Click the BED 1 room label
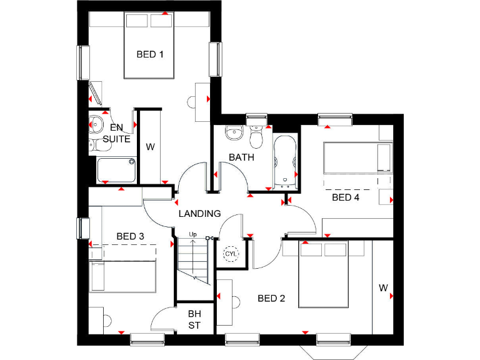pos(150,54)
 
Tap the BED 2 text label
pos(271,299)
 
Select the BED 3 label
pos(131,236)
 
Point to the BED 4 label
pos(346,197)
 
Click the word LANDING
pos(199,214)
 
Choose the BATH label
pos(241,157)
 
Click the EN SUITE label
pos(116,133)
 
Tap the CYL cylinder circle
pos(231,254)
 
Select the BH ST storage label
pos(194,319)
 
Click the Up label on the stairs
pos(193,235)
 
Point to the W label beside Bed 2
pos(382,288)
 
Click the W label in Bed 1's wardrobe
pos(150,147)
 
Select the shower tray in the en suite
pos(116,169)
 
